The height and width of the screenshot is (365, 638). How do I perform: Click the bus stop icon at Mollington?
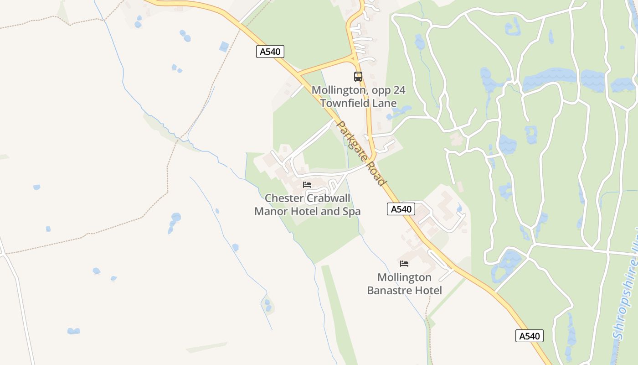coord(358,77)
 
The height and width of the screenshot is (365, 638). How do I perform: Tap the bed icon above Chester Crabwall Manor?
coord(307,185)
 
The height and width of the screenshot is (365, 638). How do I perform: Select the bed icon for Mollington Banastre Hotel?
coord(404,263)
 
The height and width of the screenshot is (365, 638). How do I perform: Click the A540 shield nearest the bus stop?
coord(270,52)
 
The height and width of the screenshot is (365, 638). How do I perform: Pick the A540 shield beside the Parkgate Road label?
coord(401,209)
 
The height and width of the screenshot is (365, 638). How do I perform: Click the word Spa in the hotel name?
coord(351,211)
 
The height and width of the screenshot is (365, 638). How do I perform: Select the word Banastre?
coord(387,290)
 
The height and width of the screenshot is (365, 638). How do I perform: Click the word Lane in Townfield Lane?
coord(386,103)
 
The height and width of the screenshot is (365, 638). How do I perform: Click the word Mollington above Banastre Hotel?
coord(404,277)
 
